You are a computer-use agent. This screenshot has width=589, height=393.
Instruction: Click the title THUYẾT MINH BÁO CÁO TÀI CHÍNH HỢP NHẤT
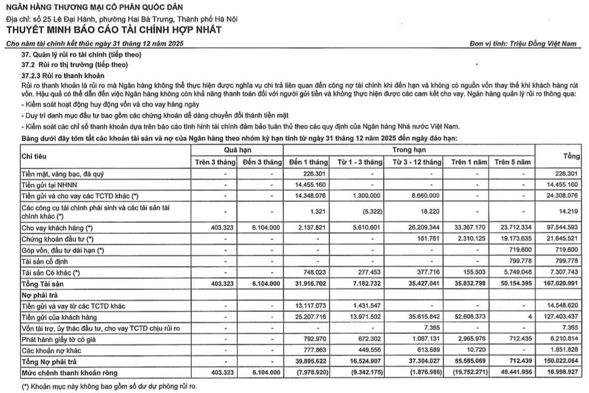[114, 30]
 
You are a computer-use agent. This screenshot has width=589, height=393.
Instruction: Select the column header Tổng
[572, 156]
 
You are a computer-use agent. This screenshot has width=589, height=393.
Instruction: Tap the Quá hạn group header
[237, 150]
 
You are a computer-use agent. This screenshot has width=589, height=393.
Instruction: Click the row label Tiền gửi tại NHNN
[47, 185]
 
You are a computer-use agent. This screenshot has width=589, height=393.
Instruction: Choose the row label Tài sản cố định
[43, 261]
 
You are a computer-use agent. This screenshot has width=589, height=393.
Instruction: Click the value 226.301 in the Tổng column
[566, 174]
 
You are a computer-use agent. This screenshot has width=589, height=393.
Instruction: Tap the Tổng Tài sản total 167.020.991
[559, 283]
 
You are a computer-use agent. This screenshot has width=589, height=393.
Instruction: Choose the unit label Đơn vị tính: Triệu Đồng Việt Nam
[523, 43]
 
